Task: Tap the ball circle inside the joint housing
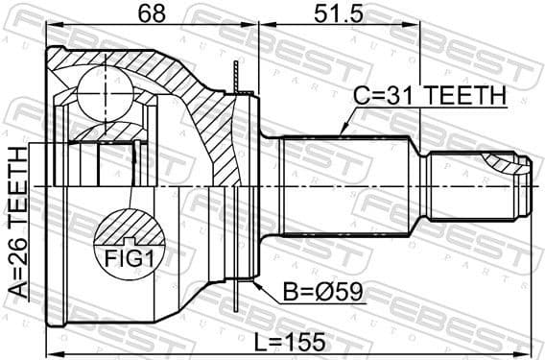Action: point(103,91)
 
